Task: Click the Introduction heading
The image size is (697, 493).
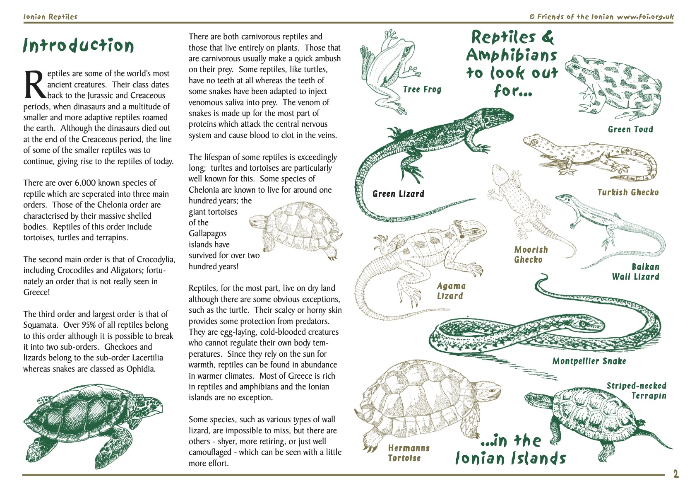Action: click(79, 45)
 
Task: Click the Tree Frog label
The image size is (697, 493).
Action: click(422, 89)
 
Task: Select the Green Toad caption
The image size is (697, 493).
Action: click(630, 129)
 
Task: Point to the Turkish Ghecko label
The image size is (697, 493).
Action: click(627, 192)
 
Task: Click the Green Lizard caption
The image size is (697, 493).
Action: click(398, 194)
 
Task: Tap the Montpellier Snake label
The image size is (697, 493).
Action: click(589, 361)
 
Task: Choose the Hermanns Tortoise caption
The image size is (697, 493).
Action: click(409, 453)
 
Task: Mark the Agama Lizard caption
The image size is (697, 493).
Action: click(451, 291)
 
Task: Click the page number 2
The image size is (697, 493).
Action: click(675, 474)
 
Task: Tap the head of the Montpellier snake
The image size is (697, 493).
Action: click(590, 318)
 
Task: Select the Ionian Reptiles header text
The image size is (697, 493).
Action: click(50, 17)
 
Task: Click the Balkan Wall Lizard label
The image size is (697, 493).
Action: click(636, 272)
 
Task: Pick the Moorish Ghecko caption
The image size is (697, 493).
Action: click(530, 254)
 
